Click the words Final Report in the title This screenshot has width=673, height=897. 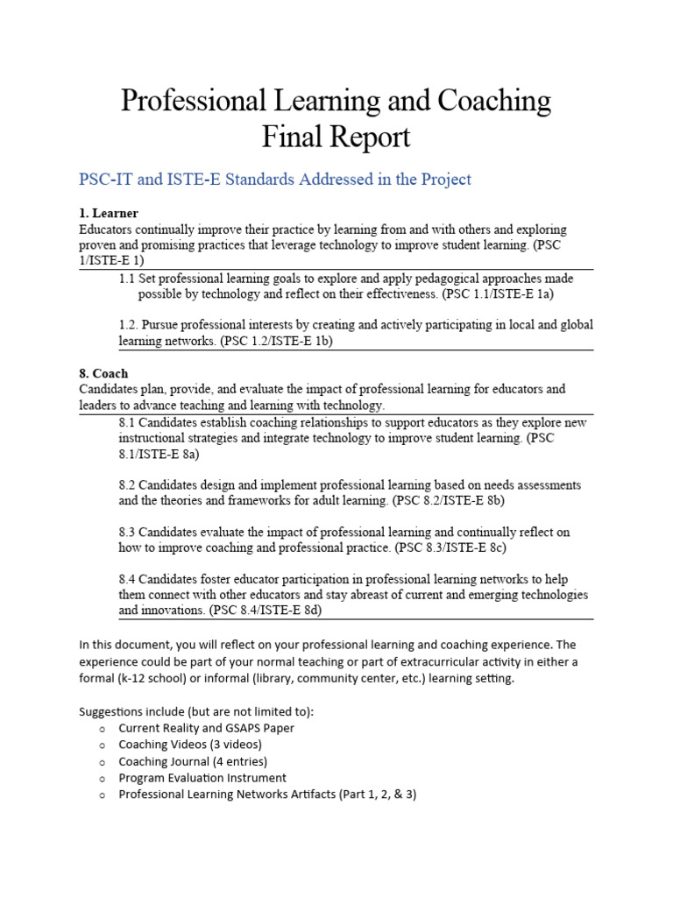336,138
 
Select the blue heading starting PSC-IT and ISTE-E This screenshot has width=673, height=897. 275,180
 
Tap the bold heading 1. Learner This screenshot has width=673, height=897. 109,214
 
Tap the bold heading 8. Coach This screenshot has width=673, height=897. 103,374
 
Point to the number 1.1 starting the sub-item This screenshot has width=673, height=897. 127,279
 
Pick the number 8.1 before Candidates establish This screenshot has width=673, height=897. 127,423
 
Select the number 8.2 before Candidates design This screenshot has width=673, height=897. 127,485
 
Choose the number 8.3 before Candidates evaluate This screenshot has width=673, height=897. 127,533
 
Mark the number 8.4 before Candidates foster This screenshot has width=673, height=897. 127,580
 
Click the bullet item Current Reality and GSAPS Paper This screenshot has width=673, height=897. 207,728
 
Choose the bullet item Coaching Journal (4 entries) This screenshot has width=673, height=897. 193,761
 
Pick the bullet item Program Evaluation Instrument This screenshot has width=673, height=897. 202,778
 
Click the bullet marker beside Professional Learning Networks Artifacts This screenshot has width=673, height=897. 103,795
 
